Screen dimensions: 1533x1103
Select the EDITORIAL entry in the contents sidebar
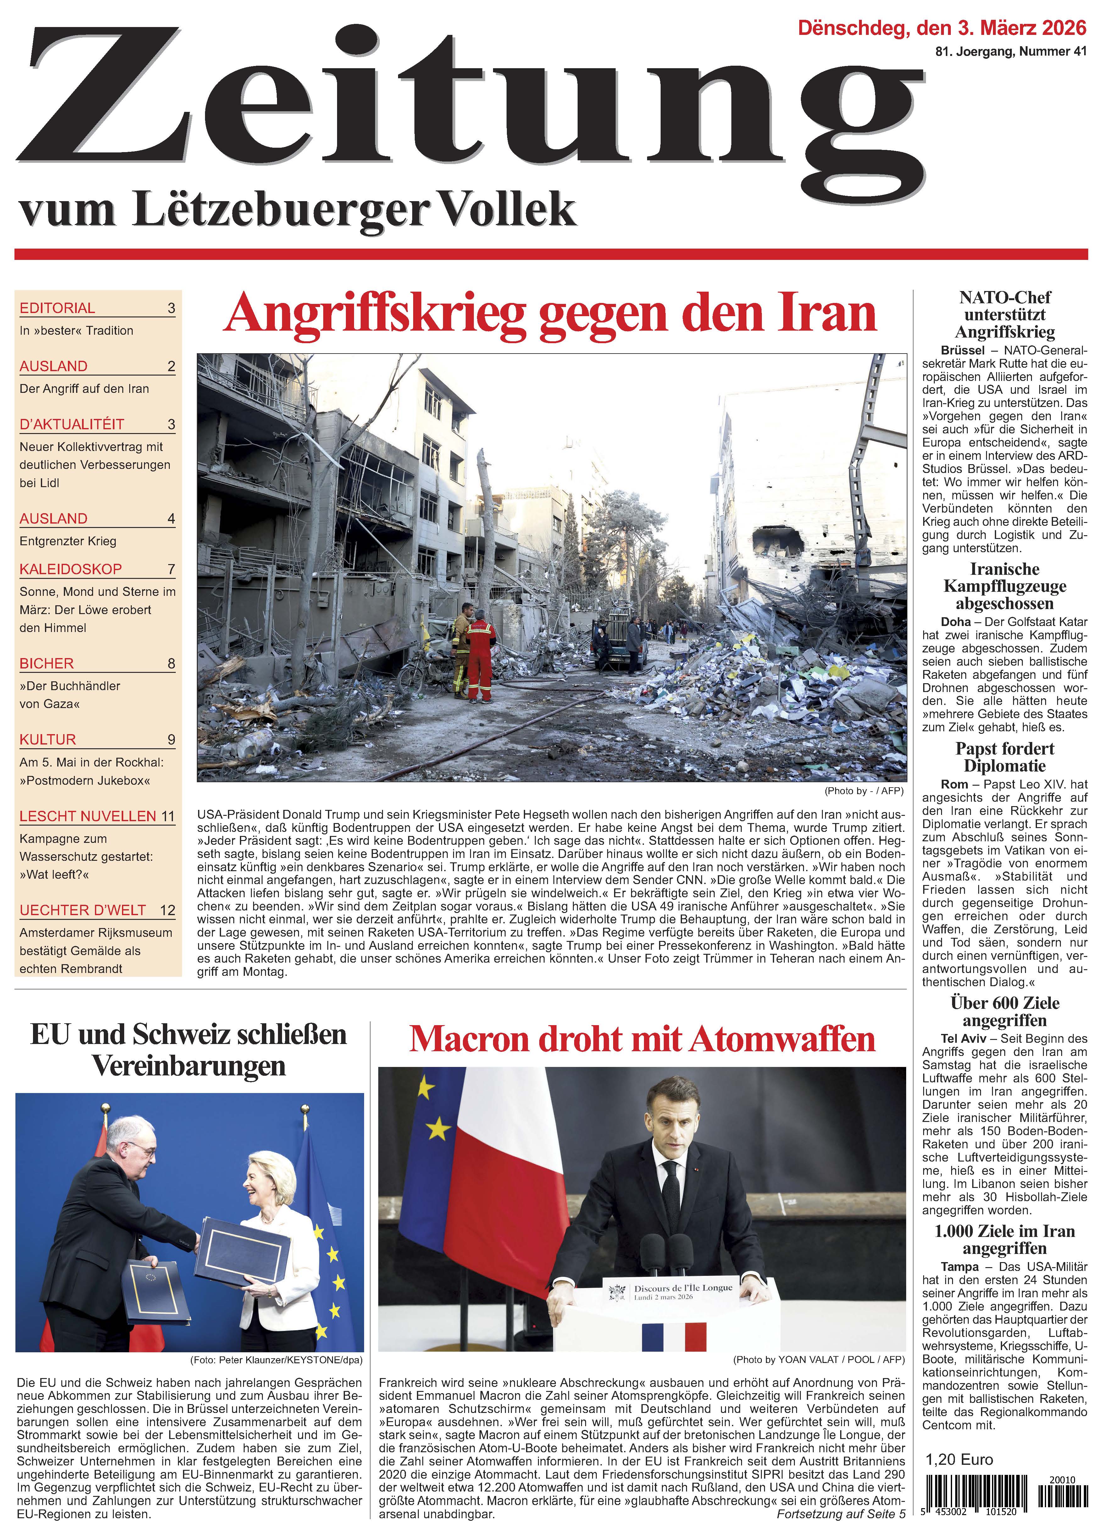click(58, 308)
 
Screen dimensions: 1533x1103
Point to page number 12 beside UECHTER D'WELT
click(167, 910)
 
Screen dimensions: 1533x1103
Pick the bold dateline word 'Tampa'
click(959, 1267)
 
